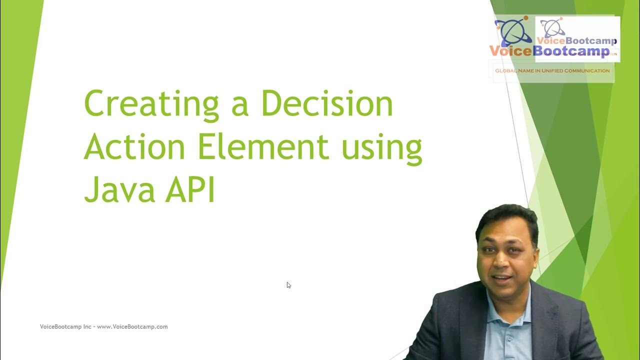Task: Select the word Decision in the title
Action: click(x=327, y=104)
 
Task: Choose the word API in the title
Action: click(x=193, y=190)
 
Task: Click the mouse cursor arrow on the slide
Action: click(x=288, y=285)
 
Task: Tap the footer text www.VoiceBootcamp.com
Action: click(x=132, y=327)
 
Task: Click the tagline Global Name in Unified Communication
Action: click(x=552, y=71)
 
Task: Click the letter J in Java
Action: click(x=90, y=190)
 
